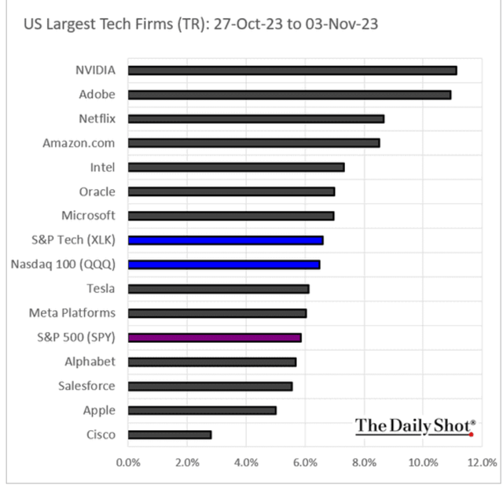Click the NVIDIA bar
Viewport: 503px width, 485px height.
pos(292,71)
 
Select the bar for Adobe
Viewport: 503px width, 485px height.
pos(289,95)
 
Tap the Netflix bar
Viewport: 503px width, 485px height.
pos(255,119)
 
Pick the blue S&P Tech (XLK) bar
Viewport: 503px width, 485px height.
pos(225,240)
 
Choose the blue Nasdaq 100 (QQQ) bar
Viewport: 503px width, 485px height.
pos(223,264)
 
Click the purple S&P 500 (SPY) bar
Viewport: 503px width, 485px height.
pos(214,337)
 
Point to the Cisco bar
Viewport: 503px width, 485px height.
pos(169,435)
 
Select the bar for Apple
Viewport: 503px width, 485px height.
pos(201,410)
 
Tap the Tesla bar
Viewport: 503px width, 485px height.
pos(218,289)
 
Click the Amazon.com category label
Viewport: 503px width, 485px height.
pos(89,143)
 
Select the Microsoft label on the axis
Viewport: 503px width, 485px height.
pos(88,216)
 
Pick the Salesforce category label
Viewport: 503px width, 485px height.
pos(86,386)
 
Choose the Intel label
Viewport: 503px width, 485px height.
pos(102,167)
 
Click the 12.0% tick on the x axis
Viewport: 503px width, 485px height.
pos(482,461)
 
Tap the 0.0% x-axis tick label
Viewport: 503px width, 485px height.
pos(128,461)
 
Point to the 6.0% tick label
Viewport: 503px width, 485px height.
pos(305,461)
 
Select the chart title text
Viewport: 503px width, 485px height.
pos(200,24)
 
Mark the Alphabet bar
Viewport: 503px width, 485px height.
pos(211,362)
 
